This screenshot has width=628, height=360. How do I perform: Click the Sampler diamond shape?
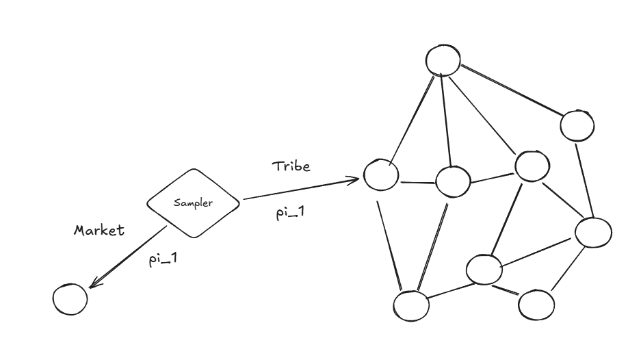click(194, 203)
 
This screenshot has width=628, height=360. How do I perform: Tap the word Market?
click(99, 230)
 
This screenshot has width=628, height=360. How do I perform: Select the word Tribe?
click(291, 166)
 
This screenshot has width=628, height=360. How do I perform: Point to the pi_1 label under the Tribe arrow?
click(290, 213)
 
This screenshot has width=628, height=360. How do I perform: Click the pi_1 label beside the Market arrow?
click(163, 260)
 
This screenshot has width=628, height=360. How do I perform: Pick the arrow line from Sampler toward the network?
click(301, 190)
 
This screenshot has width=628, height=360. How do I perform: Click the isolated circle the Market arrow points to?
click(70, 298)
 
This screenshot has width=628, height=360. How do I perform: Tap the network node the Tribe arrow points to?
click(381, 175)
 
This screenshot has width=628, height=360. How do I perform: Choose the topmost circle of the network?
click(443, 60)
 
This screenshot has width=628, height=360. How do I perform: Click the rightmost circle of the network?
click(592, 232)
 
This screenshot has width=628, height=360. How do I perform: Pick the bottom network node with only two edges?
click(536, 305)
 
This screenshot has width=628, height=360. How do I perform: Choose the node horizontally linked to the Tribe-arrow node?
click(453, 182)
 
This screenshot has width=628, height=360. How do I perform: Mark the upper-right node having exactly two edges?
click(577, 125)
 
